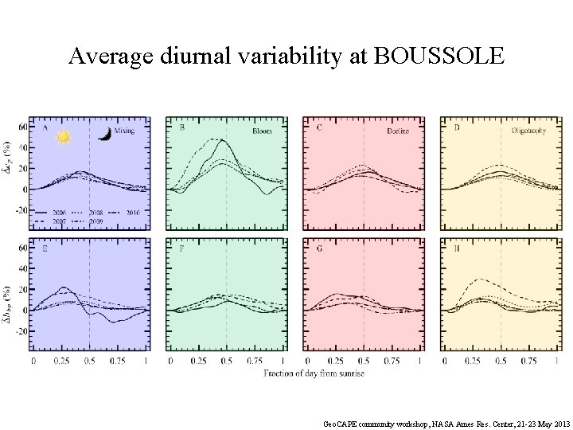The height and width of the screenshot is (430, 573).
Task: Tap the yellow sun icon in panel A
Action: tap(64, 137)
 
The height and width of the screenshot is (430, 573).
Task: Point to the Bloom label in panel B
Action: tap(262, 130)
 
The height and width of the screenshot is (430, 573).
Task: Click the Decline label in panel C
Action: tap(397, 130)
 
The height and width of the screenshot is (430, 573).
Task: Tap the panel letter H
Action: tap(456, 248)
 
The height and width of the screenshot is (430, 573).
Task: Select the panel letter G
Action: tap(319, 248)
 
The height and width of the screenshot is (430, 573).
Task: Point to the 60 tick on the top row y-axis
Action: tap(22, 127)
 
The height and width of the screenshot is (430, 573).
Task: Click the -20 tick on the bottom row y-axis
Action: tap(21, 330)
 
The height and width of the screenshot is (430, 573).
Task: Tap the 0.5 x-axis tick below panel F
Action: tap(227, 362)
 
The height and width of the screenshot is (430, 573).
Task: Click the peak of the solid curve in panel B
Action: tap(223, 141)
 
